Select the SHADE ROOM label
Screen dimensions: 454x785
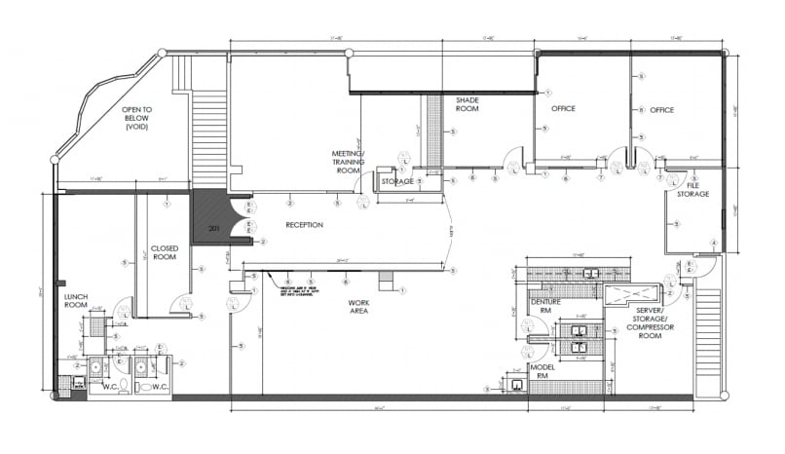468,104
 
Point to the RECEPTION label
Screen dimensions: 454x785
304,225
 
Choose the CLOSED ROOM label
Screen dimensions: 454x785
164,252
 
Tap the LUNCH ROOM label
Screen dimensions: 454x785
77,301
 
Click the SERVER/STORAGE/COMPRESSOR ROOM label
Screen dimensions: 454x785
643,319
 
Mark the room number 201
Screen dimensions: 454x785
214,228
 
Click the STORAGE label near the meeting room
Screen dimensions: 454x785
397,181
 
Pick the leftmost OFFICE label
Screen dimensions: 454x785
565,109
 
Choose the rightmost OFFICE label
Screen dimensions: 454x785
662,110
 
